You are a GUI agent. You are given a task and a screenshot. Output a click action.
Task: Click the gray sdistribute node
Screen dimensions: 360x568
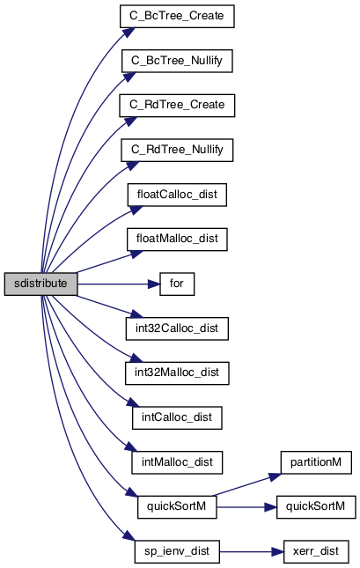(40, 284)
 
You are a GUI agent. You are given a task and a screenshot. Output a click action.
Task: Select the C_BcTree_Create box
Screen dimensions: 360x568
(177, 16)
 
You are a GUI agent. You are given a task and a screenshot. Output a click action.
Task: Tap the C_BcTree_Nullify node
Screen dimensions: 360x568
(177, 61)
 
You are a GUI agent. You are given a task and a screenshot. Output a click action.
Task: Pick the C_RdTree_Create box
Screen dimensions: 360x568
(177, 106)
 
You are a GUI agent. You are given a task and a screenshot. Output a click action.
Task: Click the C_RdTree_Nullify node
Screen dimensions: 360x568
(177, 150)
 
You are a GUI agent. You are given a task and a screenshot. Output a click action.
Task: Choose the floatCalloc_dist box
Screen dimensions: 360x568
(177, 195)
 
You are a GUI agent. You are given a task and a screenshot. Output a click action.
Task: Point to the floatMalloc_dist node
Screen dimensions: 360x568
(177, 240)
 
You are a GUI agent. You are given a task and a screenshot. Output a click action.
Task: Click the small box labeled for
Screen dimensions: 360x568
(177, 284)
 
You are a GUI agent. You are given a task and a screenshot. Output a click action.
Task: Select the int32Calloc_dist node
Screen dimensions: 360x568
(177, 328)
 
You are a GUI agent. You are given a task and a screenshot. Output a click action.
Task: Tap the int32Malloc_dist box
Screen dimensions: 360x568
(177, 373)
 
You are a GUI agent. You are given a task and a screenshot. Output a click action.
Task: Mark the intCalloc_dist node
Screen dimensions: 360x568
(177, 418)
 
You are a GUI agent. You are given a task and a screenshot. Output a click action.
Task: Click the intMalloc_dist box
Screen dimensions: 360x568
(177, 462)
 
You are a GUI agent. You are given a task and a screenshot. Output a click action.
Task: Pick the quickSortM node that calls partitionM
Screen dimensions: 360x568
(177, 507)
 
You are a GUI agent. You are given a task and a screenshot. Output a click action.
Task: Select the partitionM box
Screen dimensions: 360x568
(316, 462)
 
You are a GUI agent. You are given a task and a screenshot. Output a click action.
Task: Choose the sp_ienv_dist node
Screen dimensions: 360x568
(177, 551)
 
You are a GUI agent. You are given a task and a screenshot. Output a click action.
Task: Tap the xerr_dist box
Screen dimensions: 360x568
(316, 551)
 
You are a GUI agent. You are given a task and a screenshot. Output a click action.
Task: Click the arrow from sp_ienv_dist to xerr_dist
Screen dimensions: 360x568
(252, 551)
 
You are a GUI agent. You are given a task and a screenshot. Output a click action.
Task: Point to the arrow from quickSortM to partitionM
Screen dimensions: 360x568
(246, 485)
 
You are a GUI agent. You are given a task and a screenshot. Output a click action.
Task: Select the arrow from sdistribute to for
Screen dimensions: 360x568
(119, 284)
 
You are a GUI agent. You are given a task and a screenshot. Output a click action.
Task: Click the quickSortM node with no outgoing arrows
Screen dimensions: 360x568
(316, 507)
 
